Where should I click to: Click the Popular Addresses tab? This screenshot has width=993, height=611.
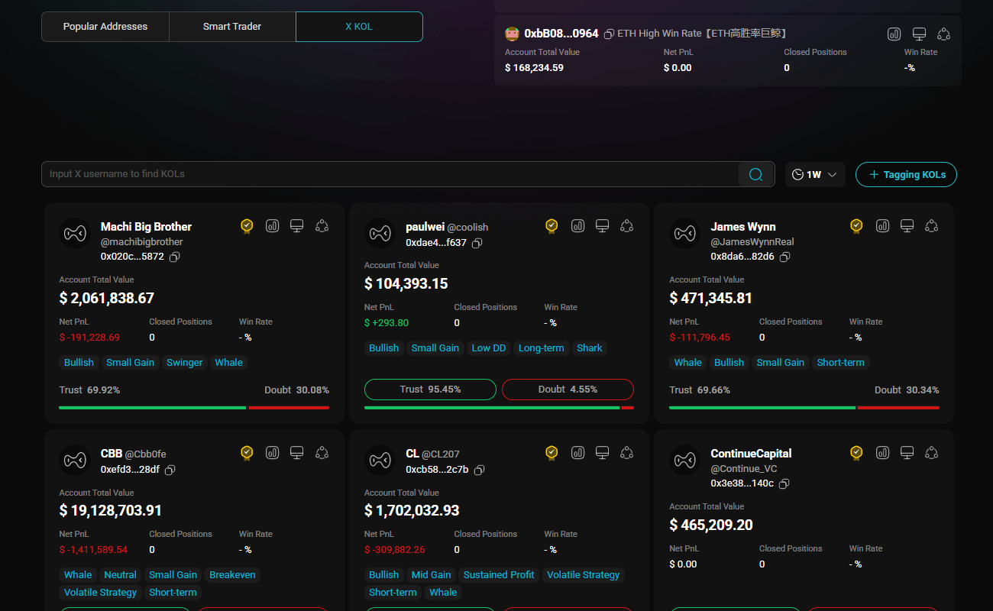point(105,27)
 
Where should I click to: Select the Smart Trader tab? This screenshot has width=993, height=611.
point(232,27)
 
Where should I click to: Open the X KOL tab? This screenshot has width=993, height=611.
point(359,27)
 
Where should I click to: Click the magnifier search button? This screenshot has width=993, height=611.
point(756,174)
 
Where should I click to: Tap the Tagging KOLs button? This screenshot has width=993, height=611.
point(906,174)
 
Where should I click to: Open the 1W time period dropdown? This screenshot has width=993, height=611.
point(815,174)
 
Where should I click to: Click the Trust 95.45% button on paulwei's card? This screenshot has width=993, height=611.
point(430,390)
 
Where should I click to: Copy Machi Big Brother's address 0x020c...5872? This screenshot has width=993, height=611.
point(175,257)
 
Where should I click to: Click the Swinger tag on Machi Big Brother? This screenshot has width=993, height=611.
point(184,362)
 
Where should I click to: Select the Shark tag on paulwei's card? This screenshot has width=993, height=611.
point(589,348)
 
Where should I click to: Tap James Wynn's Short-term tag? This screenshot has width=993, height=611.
point(840,362)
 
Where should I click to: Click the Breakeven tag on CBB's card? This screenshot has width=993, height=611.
point(232,574)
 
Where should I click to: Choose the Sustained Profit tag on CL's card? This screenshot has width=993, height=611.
point(499,574)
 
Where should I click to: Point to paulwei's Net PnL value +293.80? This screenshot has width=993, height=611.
point(387,323)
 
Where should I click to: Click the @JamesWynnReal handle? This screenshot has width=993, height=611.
point(752,241)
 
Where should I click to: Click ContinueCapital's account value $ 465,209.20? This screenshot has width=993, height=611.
point(711,525)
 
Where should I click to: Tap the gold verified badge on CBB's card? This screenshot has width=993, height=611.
point(247,453)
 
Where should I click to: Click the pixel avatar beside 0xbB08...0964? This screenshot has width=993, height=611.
point(512,34)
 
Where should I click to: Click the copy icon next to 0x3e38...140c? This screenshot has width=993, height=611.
point(784,483)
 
